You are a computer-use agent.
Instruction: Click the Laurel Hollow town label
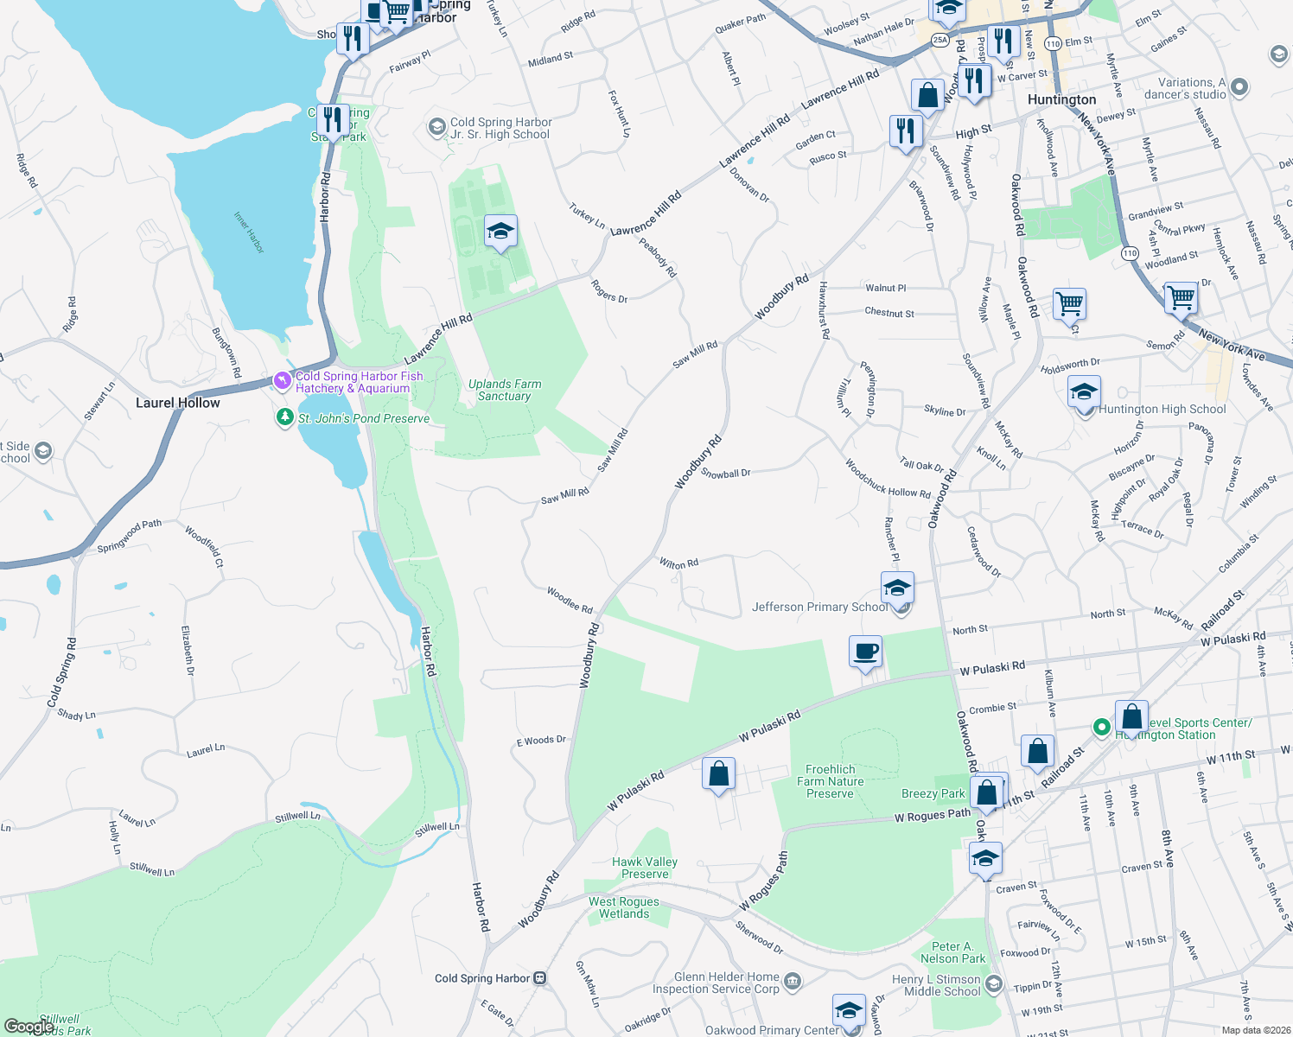[178, 403]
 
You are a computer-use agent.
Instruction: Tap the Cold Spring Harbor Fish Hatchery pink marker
[282, 380]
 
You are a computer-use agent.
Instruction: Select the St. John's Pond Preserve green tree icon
[284, 418]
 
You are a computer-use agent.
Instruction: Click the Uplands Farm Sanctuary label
[505, 390]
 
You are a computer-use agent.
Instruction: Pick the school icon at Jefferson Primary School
[897, 588]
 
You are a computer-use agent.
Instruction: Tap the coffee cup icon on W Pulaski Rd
[865, 652]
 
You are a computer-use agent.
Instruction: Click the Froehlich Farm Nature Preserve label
[830, 781]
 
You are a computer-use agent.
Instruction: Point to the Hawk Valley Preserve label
[645, 868]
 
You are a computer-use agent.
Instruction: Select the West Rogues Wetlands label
[624, 907]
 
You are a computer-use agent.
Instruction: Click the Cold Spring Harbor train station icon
[540, 978]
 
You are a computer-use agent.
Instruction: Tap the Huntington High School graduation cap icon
[1084, 392]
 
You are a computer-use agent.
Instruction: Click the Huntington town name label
[1061, 99]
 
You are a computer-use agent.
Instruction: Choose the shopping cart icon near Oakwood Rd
[1069, 304]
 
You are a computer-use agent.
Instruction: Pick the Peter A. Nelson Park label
[952, 952]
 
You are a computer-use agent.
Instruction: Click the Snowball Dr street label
[726, 474]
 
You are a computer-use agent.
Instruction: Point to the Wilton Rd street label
[678, 563]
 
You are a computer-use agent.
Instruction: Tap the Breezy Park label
[933, 793]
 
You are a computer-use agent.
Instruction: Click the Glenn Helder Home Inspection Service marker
[793, 981]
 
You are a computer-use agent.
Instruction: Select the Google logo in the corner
[29, 1027]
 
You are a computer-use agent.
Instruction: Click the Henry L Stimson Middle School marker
[993, 984]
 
